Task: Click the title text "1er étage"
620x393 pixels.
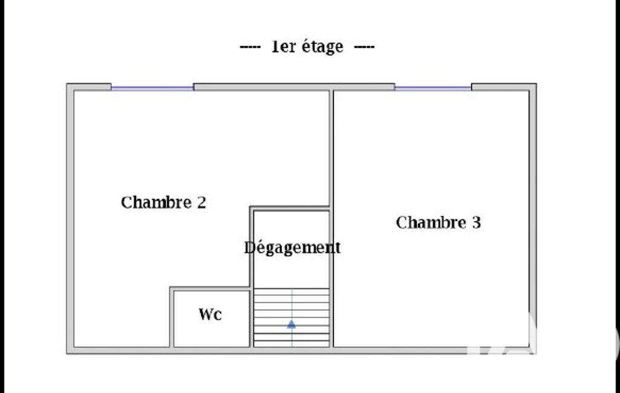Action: click(x=307, y=47)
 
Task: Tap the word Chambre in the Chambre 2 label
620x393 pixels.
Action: click(x=156, y=203)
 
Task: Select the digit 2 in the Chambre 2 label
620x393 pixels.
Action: click(x=201, y=203)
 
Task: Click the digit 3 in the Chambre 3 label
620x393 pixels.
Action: click(x=477, y=222)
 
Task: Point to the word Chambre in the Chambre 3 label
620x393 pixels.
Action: click(x=431, y=222)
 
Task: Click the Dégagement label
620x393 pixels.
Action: click(x=292, y=248)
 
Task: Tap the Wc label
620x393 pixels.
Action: click(x=210, y=314)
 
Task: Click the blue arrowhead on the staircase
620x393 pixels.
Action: click(x=292, y=324)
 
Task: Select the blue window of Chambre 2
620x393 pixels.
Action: click(x=152, y=88)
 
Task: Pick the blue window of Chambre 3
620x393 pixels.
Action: click(x=433, y=88)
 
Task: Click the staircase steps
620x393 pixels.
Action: click(x=292, y=318)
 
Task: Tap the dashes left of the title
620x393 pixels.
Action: click(x=250, y=47)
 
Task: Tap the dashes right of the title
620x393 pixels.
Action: click(x=364, y=47)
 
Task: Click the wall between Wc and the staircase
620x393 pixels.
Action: click(x=252, y=317)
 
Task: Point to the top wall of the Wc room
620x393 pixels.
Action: click(x=210, y=289)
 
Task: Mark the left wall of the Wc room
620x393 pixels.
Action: click(x=172, y=317)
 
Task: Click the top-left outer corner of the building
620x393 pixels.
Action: click(x=67, y=84)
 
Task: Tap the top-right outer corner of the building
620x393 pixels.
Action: click(x=536, y=84)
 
